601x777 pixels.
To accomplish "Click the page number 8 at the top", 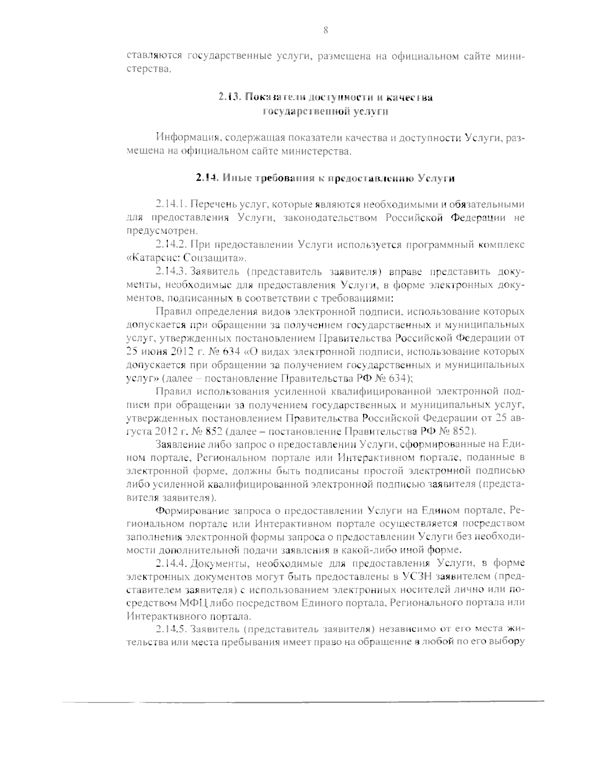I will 326,31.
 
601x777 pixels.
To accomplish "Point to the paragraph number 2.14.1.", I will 171,204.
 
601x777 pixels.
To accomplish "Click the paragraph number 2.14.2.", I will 172,245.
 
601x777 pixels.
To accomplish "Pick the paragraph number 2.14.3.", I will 172,272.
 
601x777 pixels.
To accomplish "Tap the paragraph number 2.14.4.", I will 172,562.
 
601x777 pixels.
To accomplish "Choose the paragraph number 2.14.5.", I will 172,628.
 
